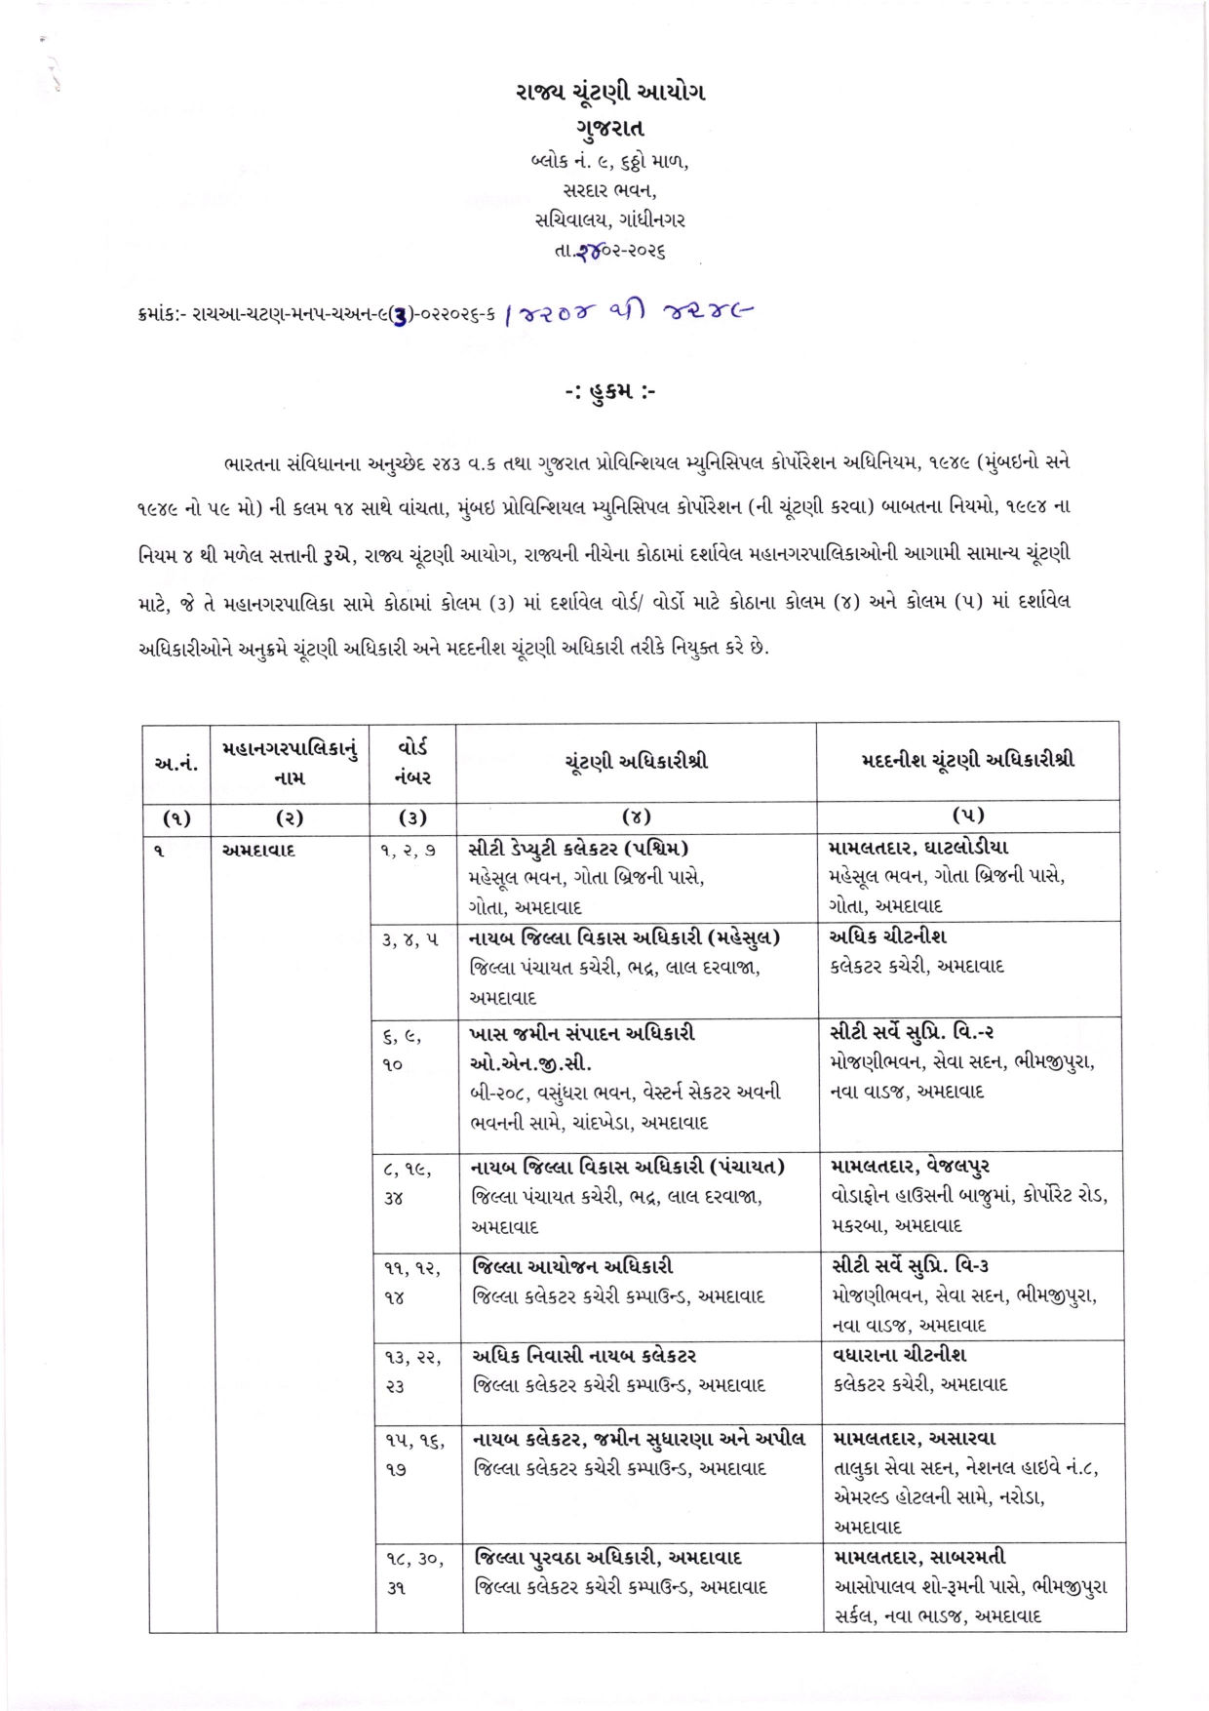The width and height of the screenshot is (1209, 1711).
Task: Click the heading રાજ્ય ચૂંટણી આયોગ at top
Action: [x=610, y=93]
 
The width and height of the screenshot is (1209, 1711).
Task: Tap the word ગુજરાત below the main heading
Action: [x=610, y=128]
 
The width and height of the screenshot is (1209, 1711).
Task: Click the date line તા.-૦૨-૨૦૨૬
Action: [x=610, y=251]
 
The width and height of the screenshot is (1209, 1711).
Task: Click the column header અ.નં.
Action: [x=177, y=763]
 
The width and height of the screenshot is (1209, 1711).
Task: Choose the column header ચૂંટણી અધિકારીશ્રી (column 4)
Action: [x=636, y=761]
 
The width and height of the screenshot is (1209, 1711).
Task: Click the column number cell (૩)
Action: [x=413, y=817]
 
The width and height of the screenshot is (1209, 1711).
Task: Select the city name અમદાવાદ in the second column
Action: [x=258, y=850]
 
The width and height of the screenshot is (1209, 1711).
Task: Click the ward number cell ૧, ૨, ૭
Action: [x=409, y=850]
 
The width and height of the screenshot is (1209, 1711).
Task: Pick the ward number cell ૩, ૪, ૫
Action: [x=410, y=939]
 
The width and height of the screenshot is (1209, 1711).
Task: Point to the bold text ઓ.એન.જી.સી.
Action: [x=530, y=1062]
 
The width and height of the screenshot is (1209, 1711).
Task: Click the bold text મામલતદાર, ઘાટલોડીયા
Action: [x=918, y=848]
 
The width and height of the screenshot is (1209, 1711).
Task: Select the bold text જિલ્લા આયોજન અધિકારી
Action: [x=573, y=1266]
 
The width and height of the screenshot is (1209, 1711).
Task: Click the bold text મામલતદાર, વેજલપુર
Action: [x=911, y=1166]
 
